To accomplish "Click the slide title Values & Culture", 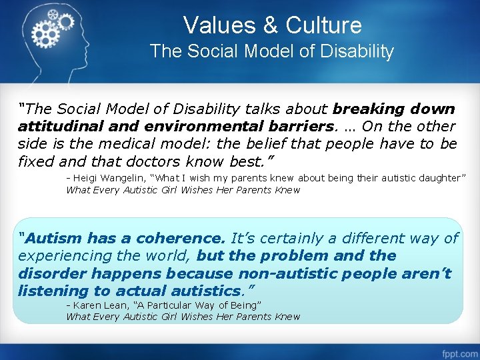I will pos(272,25).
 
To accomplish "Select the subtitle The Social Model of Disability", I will pos(272,51).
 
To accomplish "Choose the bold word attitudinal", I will pos(57,126).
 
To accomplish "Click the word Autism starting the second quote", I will pos(51,238).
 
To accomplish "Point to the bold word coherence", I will pos(182,238).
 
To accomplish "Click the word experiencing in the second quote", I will pos(64,256).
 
